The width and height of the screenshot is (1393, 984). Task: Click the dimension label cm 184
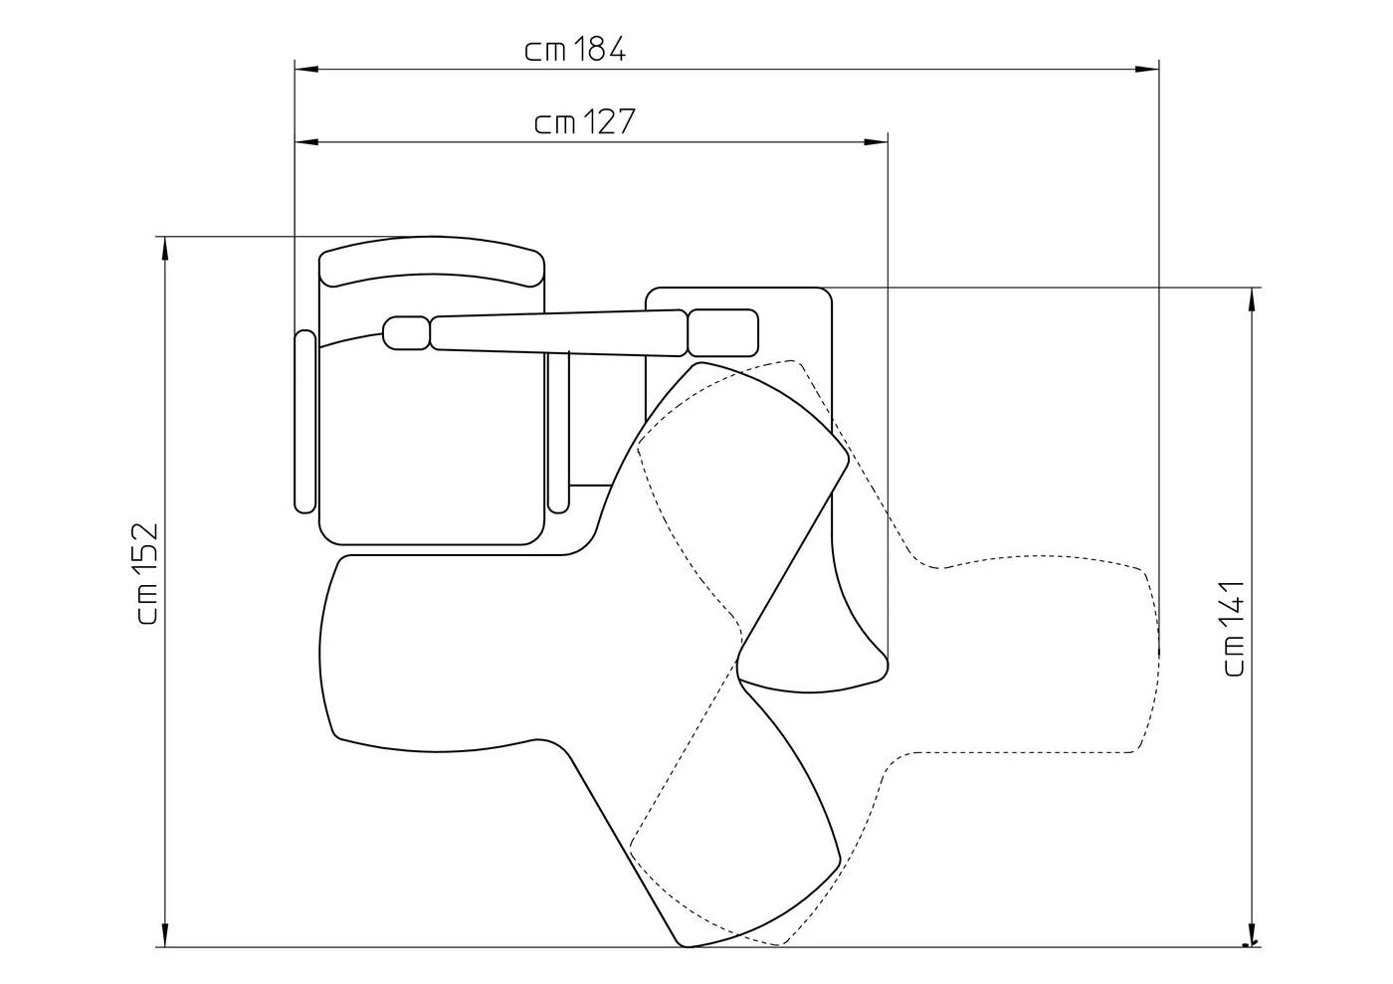tap(575, 49)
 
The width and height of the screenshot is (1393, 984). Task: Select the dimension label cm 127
tap(585, 121)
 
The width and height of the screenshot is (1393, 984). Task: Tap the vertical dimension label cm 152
tap(148, 573)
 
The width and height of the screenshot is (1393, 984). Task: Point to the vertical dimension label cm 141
tap(1234, 628)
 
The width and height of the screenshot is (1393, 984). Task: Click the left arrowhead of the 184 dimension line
tap(306, 69)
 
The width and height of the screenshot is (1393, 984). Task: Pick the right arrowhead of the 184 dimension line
tap(1147, 69)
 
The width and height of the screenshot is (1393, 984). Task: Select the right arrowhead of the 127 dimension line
tap(877, 142)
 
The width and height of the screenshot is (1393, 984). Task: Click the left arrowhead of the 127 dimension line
tap(306, 142)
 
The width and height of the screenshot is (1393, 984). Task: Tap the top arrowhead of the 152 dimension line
tap(165, 248)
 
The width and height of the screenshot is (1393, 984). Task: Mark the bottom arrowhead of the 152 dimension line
tap(165, 935)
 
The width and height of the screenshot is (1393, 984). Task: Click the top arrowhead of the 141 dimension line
tap(1252, 299)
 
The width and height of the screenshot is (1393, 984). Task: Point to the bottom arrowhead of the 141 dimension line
tap(1252, 935)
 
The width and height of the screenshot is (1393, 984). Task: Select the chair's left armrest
tap(304, 422)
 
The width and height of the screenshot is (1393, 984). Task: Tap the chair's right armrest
tap(558, 432)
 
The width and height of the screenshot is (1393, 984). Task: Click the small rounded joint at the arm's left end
tap(406, 332)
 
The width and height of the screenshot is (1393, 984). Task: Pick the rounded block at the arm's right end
tap(723, 332)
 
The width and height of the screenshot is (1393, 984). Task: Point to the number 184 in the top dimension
tap(598, 49)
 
